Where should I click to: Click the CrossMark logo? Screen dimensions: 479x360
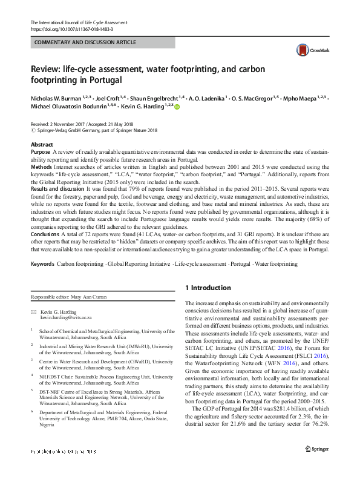pyautogui.click(x=308, y=50)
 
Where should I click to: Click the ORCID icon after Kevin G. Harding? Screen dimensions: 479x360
pyautogui.click(x=178, y=107)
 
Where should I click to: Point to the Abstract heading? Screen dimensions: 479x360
pyautogui.click(x=42, y=145)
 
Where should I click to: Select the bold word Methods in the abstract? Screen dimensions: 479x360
pyautogui.click(x=42, y=165)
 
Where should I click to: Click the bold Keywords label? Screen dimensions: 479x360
pyautogui.click(x=42, y=265)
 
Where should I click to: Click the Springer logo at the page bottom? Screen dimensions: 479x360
pyautogui.click(x=316, y=466)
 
